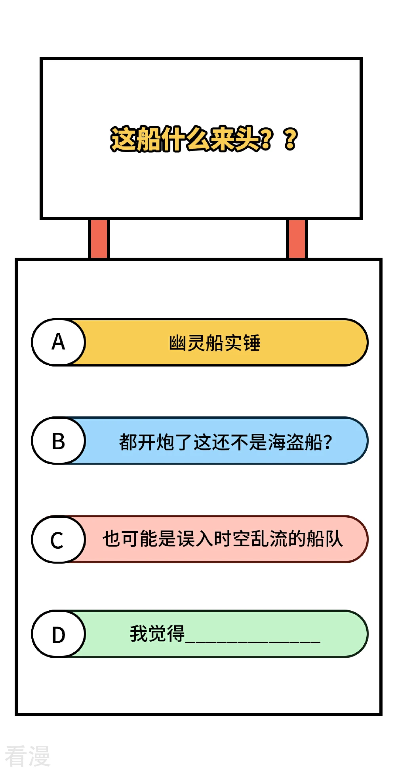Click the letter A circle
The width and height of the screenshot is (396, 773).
[x=59, y=342]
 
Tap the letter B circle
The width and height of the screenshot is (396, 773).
[x=59, y=441]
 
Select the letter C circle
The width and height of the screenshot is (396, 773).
[x=59, y=539]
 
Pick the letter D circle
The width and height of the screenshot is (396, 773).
[x=59, y=634]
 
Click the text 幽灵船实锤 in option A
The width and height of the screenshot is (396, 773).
[x=215, y=343]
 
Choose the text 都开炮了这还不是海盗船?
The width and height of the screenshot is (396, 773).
[x=225, y=442]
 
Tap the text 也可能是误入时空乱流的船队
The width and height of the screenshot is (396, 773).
[x=223, y=539]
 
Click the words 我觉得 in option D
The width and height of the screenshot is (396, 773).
[x=157, y=634]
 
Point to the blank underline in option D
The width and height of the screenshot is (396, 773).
[x=253, y=642]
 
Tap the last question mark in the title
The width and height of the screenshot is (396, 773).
[x=291, y=139]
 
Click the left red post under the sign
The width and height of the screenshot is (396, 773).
[x=99, y=239]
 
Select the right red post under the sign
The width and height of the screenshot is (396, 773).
[x=297, y=239]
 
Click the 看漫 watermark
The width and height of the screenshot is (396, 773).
[x=27, y=756]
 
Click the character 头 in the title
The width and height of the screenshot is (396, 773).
[x=248, y=139]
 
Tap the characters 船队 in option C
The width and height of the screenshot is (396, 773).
[x=325, y=539]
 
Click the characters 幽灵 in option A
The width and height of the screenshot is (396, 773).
[x=187, y=343]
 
